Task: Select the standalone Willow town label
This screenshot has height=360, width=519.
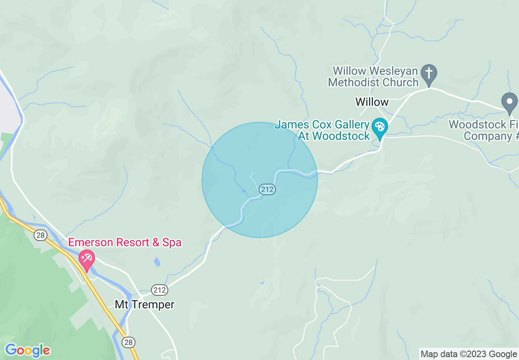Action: point(372,102)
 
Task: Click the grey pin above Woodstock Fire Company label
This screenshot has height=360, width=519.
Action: point(509,103)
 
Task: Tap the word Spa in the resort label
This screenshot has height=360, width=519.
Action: point(172,242)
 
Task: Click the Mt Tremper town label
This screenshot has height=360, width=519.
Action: point(144,304)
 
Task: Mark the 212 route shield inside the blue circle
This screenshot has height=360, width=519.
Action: point(267,189)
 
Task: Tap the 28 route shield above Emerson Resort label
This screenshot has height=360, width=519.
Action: point(40,235)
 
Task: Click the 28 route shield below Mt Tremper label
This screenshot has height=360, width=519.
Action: point(129,342)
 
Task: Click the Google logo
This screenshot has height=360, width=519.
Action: point(27,350)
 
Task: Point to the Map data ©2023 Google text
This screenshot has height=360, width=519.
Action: point(469,354)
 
